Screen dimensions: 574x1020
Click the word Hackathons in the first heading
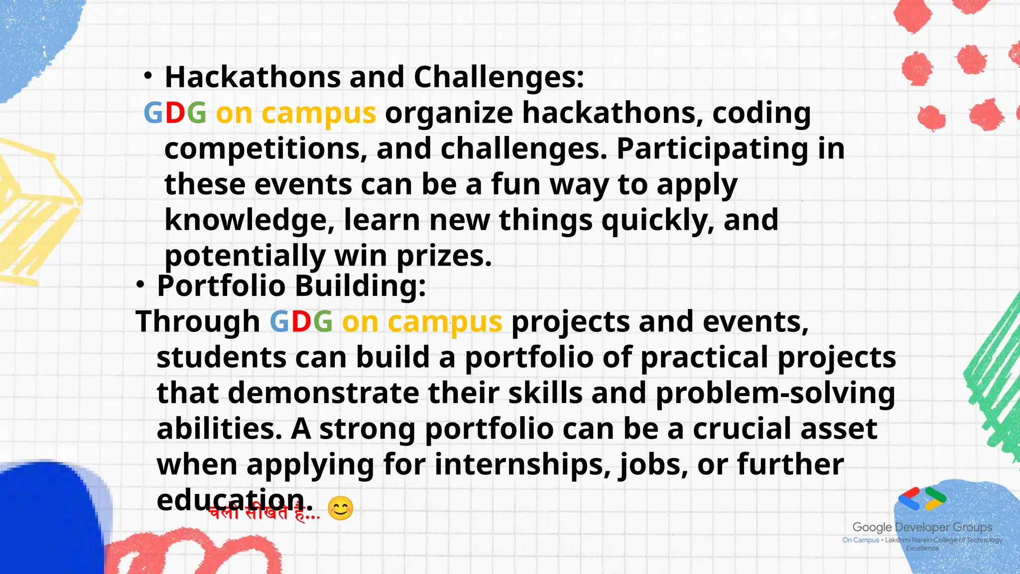(x=252, y=77)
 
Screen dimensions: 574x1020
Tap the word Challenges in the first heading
(x=498, y=77)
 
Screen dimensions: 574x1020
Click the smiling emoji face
(x=341, y=509)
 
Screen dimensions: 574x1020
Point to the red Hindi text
(x=264, y=513)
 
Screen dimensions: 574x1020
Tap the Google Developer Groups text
(x=922, y=527)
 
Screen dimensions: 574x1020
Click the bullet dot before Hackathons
(x=147, y=76)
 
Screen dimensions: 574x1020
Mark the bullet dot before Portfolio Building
(x=140, y=285)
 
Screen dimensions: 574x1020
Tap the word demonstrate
(x=323, y=393)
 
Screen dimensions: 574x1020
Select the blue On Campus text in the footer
(x=860, y=540)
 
